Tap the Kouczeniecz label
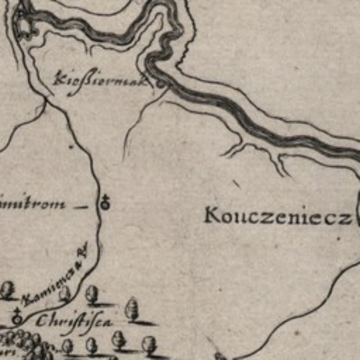coord(278,217)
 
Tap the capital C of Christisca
coord(41,321)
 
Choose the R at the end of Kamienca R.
coord(85,250)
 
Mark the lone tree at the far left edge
coord(8,290)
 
